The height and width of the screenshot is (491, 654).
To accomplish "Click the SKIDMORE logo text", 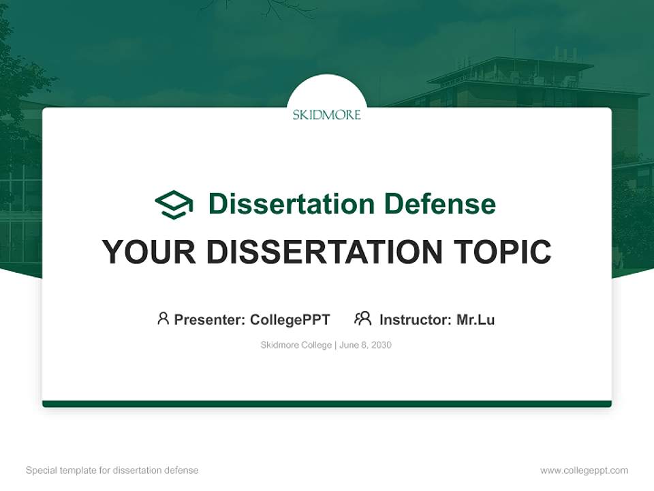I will (327, 115).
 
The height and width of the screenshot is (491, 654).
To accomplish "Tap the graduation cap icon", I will (174, 205).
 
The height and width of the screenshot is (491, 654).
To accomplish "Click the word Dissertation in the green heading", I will (292, 204).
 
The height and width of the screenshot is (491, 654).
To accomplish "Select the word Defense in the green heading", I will (439, 204).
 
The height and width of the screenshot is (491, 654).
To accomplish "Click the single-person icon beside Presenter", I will (163, 318).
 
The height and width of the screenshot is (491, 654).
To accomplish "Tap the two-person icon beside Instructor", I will (362, 318).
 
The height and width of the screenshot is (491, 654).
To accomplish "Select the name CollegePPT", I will (290, 319).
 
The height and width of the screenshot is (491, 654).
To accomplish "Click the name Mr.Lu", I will (476, 319).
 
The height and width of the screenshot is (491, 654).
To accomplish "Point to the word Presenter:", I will (210, 319).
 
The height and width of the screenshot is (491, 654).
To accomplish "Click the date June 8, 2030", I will (365, 345).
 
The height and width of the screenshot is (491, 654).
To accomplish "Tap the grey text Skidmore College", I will (296, 345).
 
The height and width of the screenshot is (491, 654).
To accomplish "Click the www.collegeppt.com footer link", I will (584, 471).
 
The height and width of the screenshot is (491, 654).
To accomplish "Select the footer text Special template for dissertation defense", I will (112, 471).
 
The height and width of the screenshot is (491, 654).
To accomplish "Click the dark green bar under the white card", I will (327, 404).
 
